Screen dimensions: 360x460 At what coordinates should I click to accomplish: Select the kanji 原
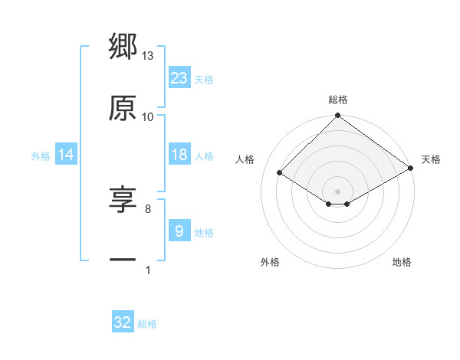coord(123,108)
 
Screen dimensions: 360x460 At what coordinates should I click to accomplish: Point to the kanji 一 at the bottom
coord(123,261)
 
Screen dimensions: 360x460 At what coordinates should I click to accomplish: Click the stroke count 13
coord(148,56)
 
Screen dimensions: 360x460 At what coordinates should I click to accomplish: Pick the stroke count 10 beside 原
coord(148,116)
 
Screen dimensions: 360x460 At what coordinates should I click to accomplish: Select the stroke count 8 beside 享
coord(148,208)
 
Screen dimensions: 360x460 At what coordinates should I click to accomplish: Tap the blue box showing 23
coord(179,77)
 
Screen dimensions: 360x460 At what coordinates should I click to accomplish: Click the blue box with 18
coord(179,155)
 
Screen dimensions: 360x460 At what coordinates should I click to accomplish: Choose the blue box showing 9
coord(179,231)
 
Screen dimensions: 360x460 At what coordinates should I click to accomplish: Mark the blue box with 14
coord(66,155)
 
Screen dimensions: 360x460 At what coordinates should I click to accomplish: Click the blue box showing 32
coord(123,322)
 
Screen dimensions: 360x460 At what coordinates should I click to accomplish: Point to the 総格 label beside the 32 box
coord(147,324)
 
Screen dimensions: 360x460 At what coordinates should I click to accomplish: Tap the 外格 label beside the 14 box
coord(41,155)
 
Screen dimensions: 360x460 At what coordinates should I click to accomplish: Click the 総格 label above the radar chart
coord(338,100)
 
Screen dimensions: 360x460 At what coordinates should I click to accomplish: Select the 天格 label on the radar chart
coord(431,159)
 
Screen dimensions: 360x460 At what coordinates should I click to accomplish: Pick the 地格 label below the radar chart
coord(402,262)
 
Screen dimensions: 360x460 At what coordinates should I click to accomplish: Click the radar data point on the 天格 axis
coord(411,168)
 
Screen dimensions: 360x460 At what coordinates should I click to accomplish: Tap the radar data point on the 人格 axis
coord(280,172)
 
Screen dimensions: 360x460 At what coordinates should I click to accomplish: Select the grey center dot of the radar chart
coord(338,191)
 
